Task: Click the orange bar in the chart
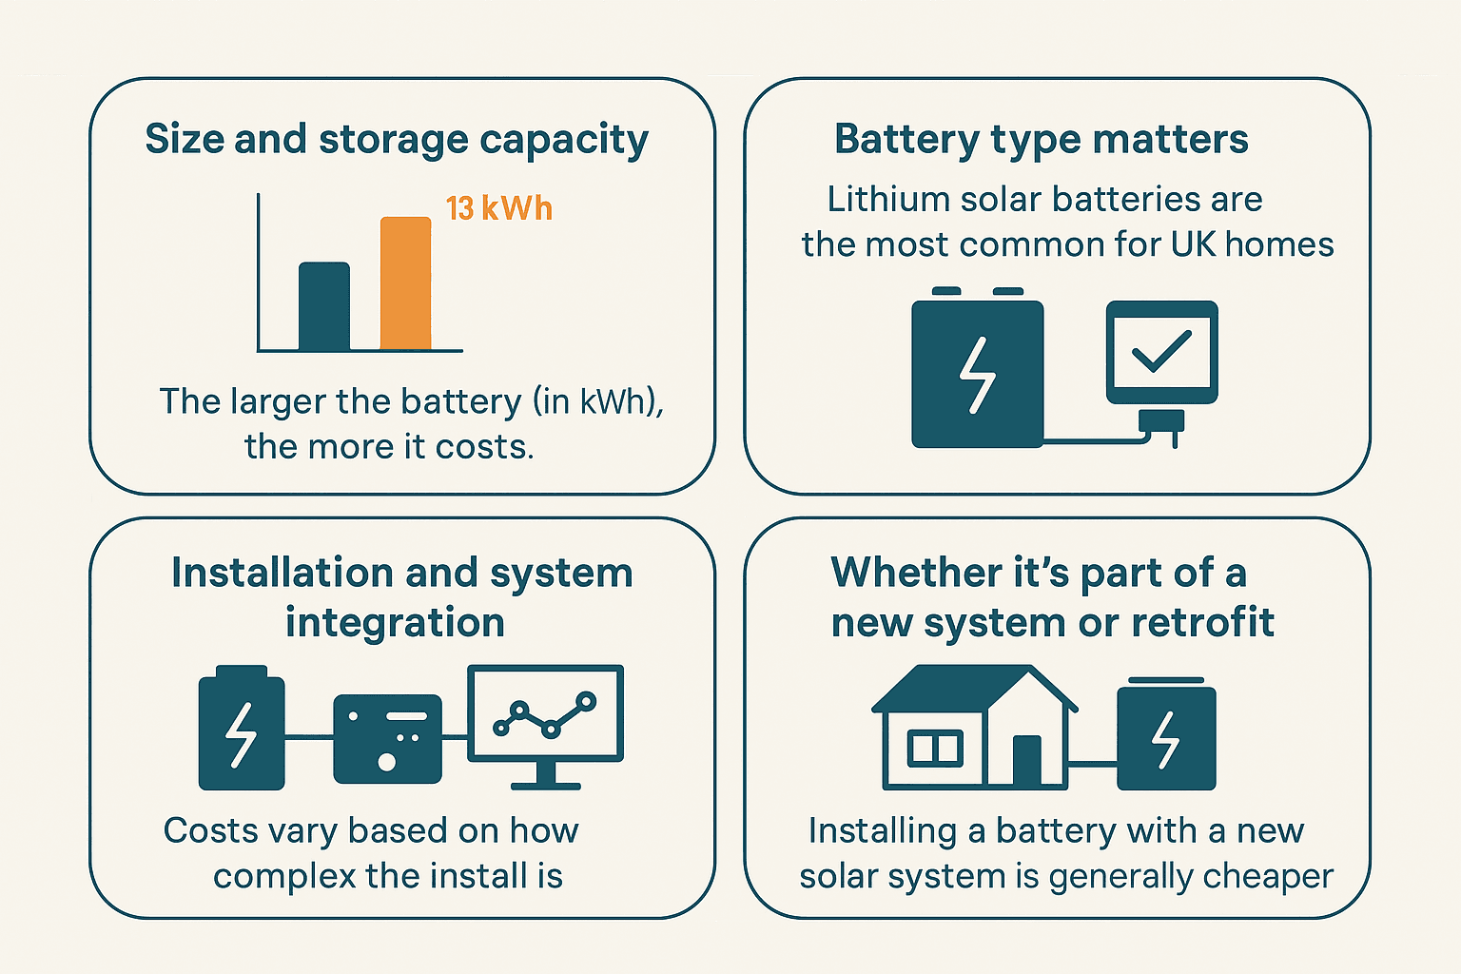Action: coord(405,283)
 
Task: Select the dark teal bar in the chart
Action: coord(323,306)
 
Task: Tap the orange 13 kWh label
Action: coord(498,208)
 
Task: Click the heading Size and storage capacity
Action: coord(397,140)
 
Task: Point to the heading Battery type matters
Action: coord(1041,140)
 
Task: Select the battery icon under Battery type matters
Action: coord(977,373)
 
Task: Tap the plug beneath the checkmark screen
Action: coord(1161,423)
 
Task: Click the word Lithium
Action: coord(874,199)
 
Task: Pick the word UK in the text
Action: coord(1193,244)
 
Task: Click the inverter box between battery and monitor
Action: coord(387,738)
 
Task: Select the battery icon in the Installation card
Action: coord(241,730)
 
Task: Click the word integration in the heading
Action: coord(395,623)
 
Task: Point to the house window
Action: coord(935,749)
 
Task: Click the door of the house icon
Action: coord(1026,760)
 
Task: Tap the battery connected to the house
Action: coord(1166,736)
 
